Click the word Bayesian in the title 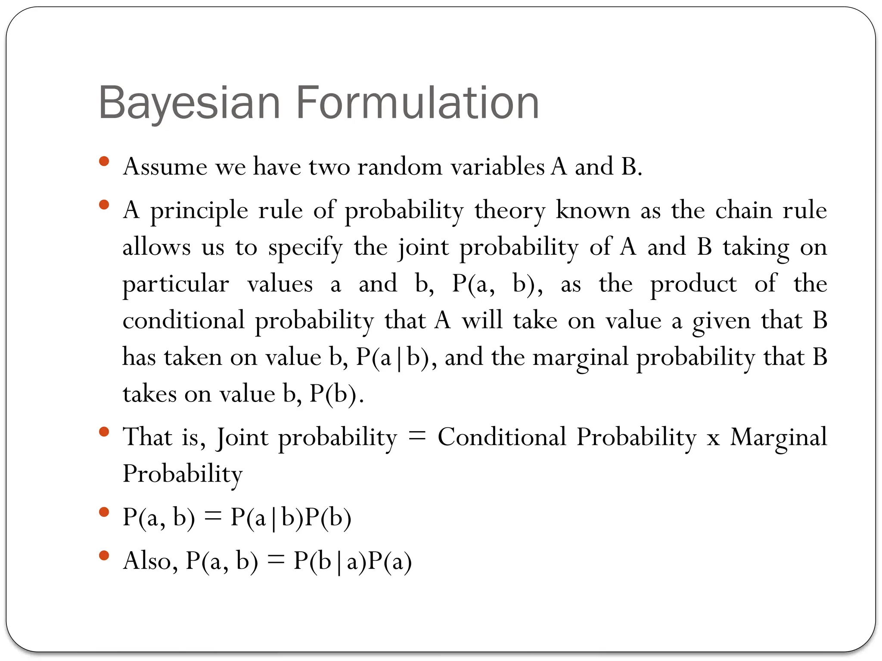(189, 103)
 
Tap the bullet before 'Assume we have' (104, 161)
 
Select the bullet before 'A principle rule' (104, 204)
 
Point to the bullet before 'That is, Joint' (104, 431)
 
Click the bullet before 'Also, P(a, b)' (104, 555)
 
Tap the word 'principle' (199, 211)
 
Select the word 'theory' (509, 211)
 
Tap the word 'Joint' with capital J (242, 437)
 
